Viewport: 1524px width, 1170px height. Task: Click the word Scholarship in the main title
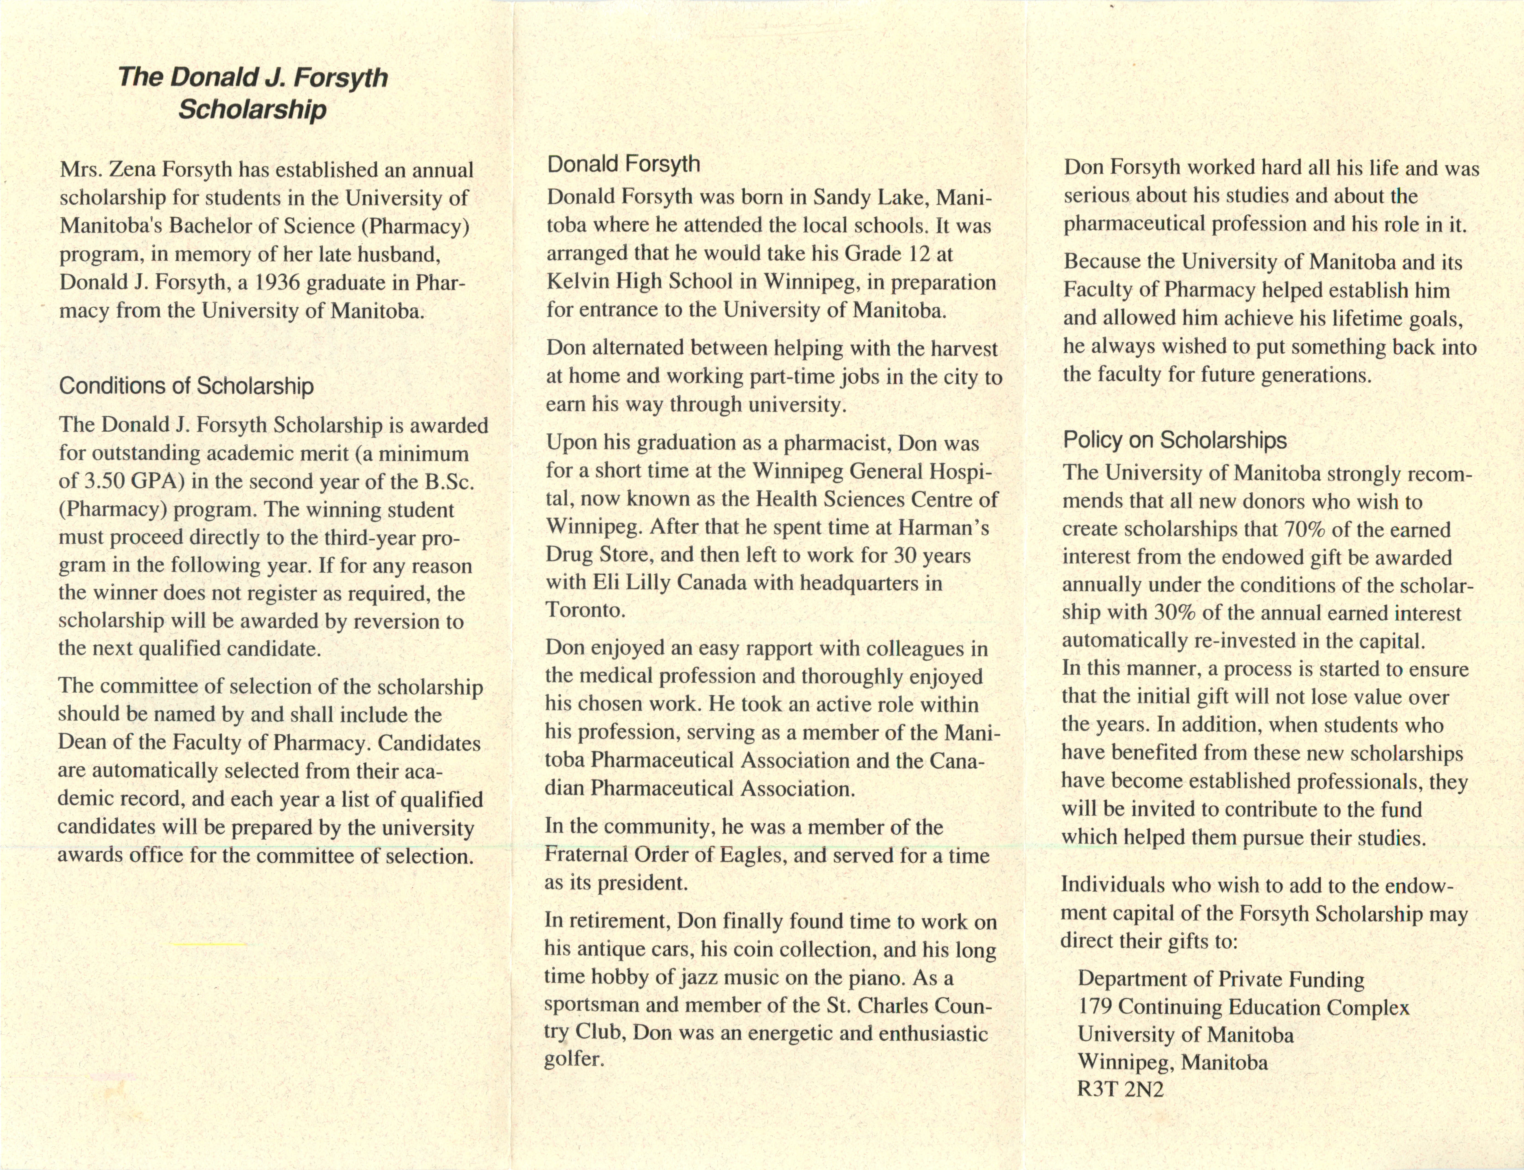(252, 109)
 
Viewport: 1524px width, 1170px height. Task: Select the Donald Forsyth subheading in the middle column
(623, 164)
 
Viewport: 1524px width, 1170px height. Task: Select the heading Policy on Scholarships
(1174, 440)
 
